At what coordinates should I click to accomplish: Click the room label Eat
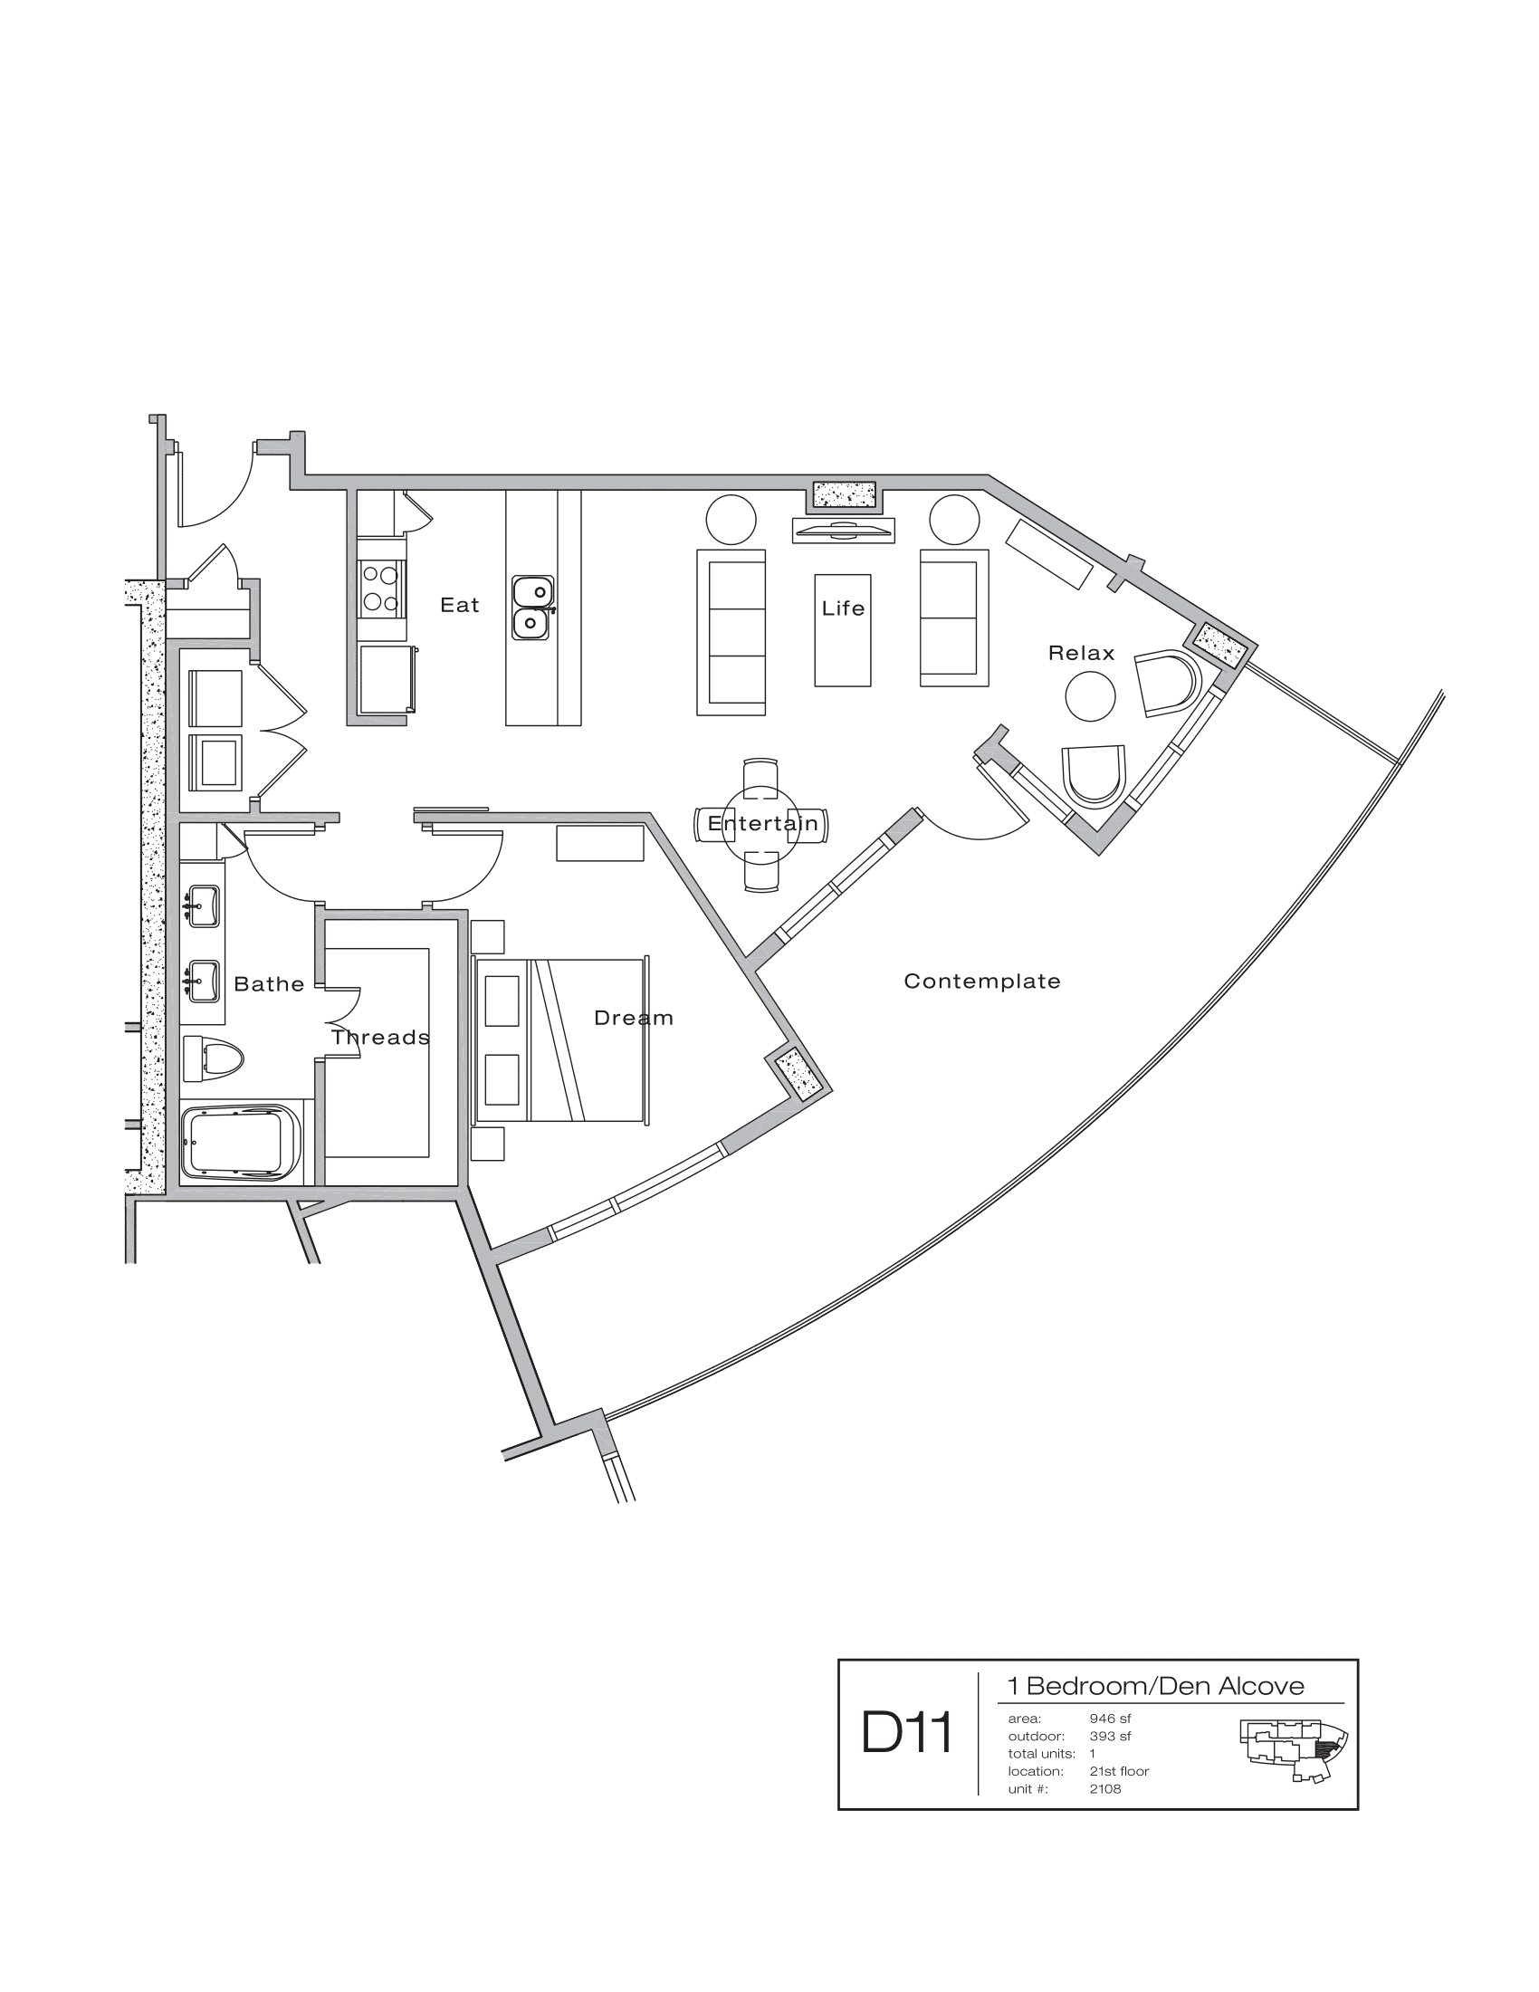coord(460,605)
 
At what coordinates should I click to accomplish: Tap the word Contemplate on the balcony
coord(982,982)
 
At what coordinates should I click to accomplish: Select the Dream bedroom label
coord(634,1018)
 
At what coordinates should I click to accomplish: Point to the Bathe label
coord(269,984)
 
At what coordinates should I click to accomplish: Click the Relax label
coord(1081,653)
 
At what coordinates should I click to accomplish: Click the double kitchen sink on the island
coord(531,608)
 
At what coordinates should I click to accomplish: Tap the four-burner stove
coord(380,589)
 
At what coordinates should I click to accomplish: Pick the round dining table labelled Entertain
coord(761,825)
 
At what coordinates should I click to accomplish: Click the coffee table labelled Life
coord(843,629)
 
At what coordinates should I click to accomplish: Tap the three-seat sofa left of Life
coord(731,632)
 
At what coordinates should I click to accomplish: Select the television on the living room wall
coord(843,529)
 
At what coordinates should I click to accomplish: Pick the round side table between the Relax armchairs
coord(1091,696)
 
